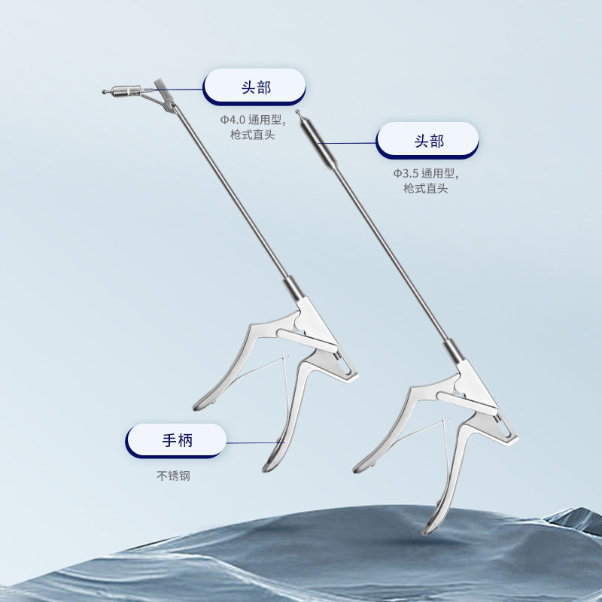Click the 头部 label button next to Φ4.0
point(254,87)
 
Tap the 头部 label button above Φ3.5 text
point(427,141)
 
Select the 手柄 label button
point(176,440)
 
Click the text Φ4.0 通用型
point(253,120)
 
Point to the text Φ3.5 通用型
point(426,174)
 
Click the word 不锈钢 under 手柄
point(173,476)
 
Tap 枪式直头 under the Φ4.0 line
point(253,135)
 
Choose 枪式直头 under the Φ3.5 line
point(426,189)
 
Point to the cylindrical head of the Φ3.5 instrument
point(318,143)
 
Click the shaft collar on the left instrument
point(293,288)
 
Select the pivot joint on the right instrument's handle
point(459,385)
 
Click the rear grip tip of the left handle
point(199,406)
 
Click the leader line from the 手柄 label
point(255,442)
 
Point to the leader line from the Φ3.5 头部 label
point(347,143)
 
